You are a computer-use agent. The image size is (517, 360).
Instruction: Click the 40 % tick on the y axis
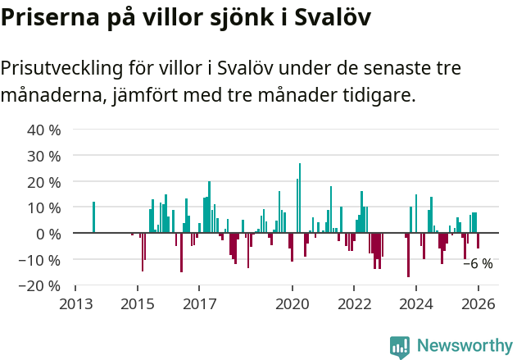click(x=44, y=130)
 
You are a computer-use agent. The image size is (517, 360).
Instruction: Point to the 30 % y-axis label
click(x=44, y=156)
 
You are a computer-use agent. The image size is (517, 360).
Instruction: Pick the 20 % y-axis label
click(x=44, y=181)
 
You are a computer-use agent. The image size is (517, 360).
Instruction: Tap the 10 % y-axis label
click(x=44, y=207)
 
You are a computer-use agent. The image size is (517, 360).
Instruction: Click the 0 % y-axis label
click(x=48, y=234)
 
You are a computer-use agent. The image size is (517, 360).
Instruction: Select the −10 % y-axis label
click(x=41, y=260)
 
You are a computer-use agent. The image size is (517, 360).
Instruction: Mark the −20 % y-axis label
click(x=41, y=286)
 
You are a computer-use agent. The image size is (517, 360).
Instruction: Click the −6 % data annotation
click(x=478, y=264)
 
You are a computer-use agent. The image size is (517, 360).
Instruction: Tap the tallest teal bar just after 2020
click(x=300, y=198)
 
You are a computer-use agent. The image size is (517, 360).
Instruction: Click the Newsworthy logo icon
click(x=400, y=347)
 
